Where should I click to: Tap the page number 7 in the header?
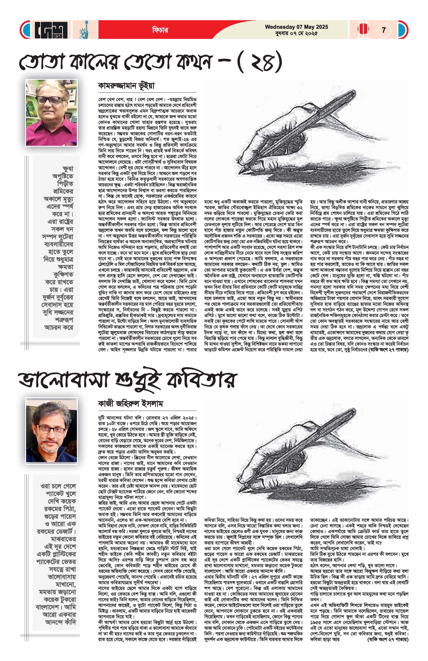[384, 30]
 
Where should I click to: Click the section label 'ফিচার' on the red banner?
[160, 30]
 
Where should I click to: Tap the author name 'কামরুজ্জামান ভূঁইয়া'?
[126, 86]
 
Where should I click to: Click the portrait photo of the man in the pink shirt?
[51, 113]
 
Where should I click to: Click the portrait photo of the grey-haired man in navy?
[51, 430]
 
